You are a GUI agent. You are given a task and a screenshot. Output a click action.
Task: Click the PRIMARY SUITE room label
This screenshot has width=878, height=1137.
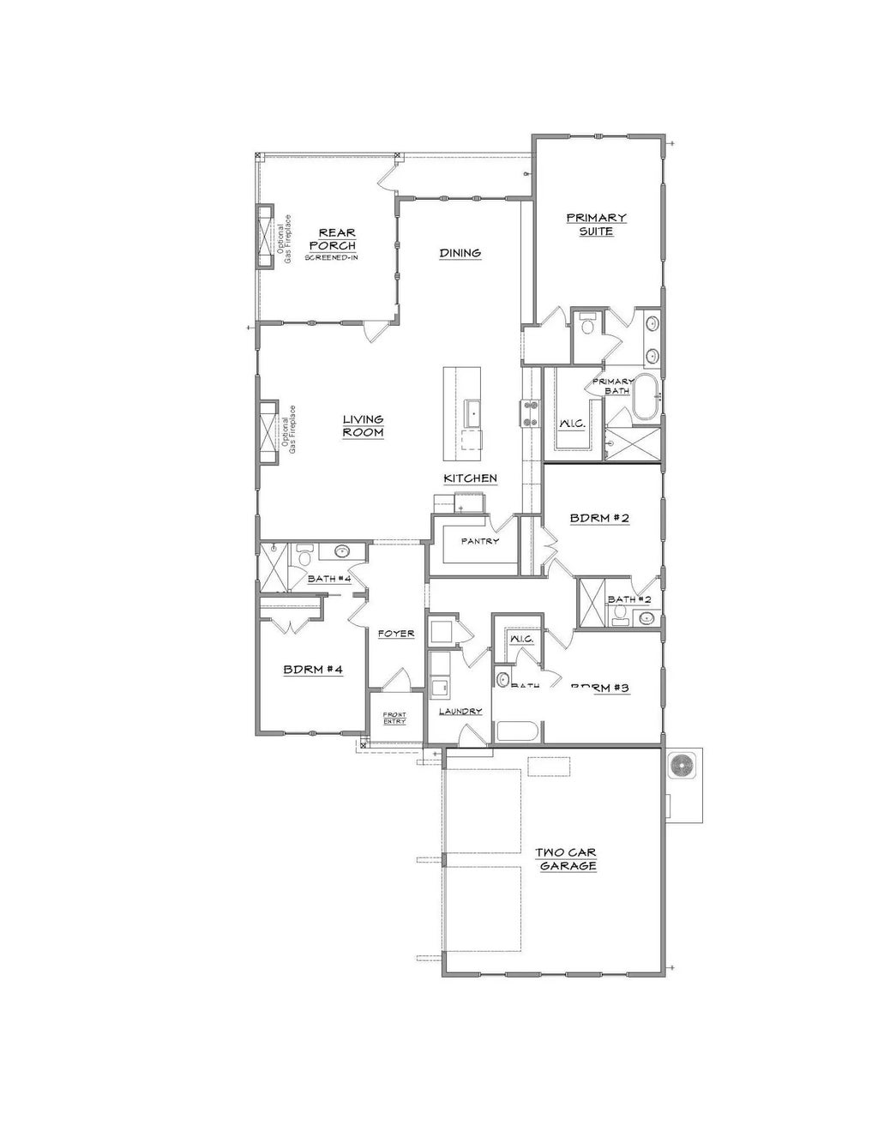click(x=596, y=225)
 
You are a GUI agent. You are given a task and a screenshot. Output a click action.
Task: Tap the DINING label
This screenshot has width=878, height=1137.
click(x=460, y=253)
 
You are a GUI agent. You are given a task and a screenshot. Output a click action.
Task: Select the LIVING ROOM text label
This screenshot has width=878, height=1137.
click(x=364, y=426)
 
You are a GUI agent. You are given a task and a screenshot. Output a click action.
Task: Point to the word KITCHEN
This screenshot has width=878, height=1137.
click(x=470, y=478)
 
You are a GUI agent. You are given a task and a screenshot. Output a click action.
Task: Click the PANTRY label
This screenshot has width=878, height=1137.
click(x=479, y=541)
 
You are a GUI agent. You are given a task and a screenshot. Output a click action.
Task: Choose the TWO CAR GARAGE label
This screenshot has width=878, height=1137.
click(x=566, y=859)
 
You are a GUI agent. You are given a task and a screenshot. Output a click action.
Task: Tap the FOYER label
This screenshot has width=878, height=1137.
click(x=396, y=634)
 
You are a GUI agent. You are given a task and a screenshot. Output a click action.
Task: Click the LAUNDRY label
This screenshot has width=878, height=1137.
click(x=460, y=711)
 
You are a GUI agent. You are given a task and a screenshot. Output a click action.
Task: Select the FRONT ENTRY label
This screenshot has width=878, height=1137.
click(x=394, y=718)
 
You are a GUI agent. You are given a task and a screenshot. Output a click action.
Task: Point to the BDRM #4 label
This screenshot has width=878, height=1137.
click(x=313, y=669)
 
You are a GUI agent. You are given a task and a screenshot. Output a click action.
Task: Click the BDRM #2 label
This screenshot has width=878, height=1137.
click(x=600, y=518)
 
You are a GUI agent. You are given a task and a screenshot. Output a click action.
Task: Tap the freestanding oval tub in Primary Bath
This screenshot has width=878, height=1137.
click(x=645, y=398)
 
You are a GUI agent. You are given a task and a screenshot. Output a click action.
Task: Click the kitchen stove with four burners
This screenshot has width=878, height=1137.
click(x=527, y=413)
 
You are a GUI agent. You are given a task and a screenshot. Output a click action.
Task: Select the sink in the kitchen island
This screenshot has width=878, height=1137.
click(x=472, y=413)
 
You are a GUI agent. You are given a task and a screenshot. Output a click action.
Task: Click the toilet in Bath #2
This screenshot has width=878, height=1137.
click(x=617, y=616)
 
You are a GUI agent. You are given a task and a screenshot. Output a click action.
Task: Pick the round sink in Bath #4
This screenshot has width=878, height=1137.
click(x=342, y=552)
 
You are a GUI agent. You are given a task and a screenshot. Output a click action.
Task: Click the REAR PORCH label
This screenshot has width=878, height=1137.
click(x=337, y=239)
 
